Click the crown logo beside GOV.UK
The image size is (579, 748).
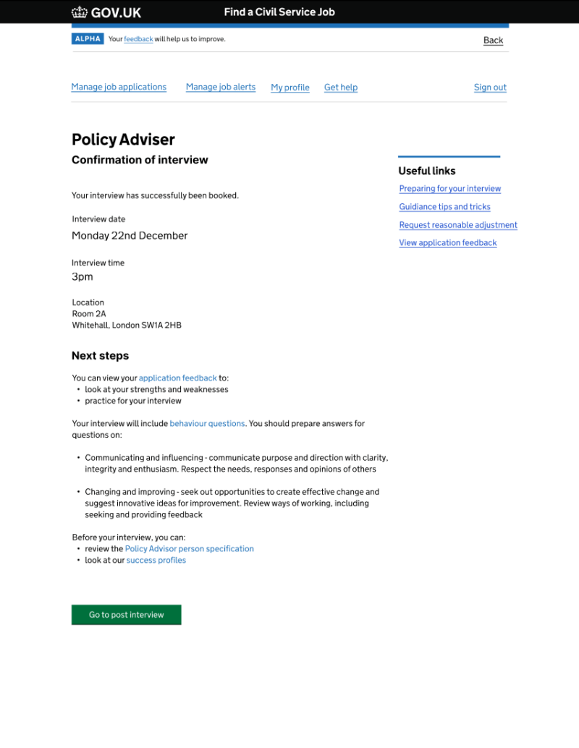coord(79,12)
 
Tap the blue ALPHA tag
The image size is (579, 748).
coord(88,39)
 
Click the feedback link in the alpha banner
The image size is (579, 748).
coord(138,39)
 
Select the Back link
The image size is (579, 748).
coord(493,41)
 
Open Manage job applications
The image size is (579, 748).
coord(119,87)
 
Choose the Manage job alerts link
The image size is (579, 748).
coord(221,87)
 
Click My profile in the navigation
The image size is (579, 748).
coord(290,88)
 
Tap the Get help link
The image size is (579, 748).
coord(341,88)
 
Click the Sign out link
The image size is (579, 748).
coord(490,88)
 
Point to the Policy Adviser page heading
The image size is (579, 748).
coord(123,140)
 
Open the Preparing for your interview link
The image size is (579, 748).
coord(450,189)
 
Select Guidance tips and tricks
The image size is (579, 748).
coord(445,207)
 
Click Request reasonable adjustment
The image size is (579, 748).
coord(458,225)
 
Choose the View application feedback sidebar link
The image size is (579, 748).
coord(448,243)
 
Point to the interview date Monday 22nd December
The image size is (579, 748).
coord(130,236)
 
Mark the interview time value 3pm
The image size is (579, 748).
coord(83,277)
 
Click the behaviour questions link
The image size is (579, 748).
coord(207,424)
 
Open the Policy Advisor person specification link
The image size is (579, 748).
coord(190,549)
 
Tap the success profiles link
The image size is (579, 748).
coord(156,561)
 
